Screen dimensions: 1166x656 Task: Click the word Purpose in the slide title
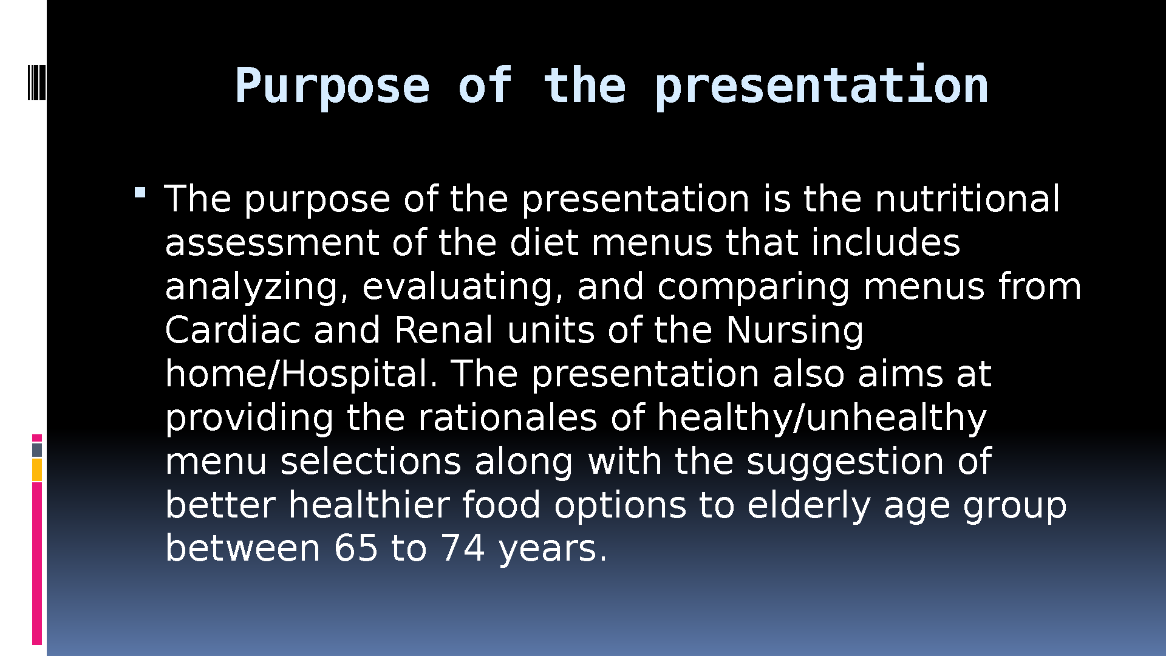point(332,87)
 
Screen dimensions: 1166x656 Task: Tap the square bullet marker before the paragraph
point(140,193)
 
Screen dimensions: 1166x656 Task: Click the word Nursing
point(794,332)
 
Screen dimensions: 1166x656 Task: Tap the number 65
point(356,548)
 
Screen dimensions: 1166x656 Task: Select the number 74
point(463,548)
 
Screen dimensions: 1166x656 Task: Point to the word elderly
point(809,507)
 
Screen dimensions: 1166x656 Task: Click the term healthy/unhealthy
point(822,419)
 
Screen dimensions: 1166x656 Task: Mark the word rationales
point(508,418)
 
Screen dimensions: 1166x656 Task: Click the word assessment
point(271,244)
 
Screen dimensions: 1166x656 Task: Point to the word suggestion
point(845,463)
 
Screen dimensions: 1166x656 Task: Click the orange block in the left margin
point(37,470)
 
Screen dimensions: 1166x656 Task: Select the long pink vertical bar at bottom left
point(37,563)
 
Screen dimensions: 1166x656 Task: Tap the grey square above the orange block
point(37,450)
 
